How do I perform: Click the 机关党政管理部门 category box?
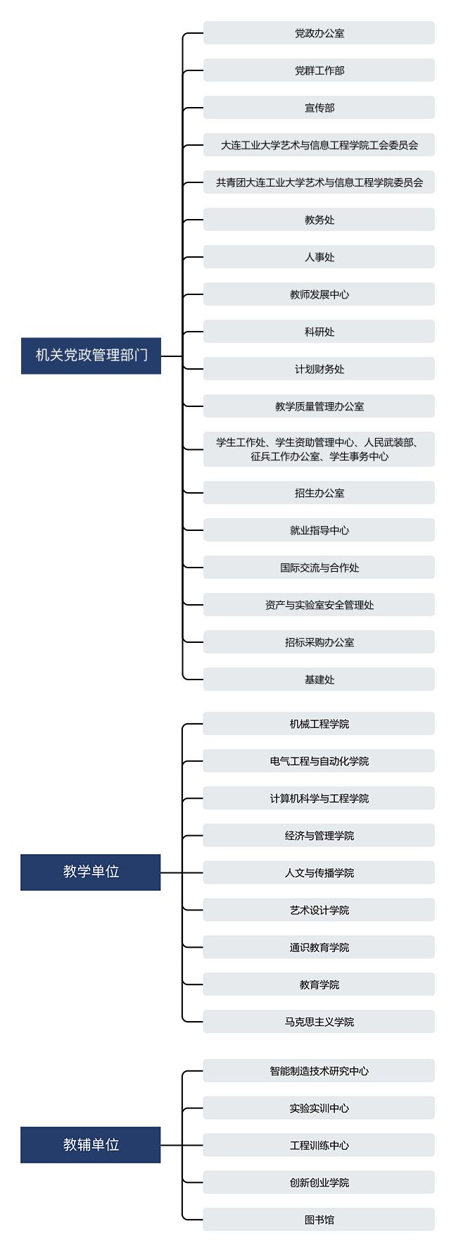[91, 356]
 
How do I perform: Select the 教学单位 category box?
[91, 872]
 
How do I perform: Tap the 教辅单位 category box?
[91, 1144]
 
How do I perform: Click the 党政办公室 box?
[319, 33]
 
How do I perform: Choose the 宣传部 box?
[319, 108]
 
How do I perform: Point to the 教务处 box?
[319, 220]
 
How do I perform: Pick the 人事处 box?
[319, 257]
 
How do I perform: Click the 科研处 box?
[319, 332]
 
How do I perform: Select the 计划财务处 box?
[319, 369]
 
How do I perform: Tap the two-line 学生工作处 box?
[319, 449]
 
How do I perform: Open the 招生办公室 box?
[319, 493]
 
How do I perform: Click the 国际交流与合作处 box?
[319, 568]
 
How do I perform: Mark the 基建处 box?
[319, 680]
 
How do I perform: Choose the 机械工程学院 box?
[319, 724]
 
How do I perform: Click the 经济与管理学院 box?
[319, 836]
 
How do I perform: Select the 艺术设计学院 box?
[319, 910]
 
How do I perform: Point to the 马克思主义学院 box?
[319, 1022]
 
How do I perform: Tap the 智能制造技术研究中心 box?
[319, 1071]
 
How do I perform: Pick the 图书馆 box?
[319, 1220]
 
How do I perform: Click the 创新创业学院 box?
[319, 1182]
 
